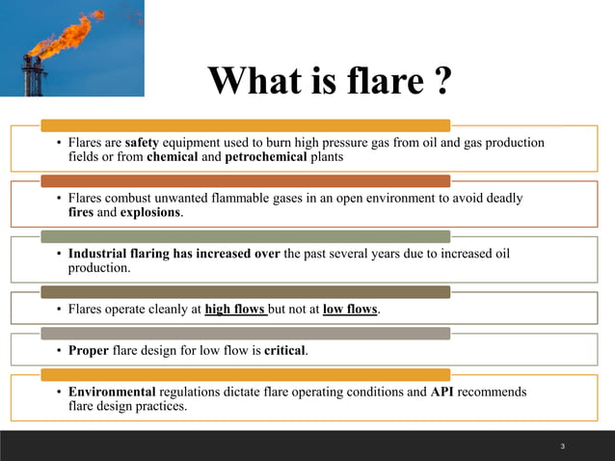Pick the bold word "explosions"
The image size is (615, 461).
coord(150,212)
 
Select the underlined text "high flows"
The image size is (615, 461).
coord(236,310)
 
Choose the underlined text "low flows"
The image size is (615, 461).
coord(350,310)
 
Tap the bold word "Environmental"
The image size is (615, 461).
coord(112,392)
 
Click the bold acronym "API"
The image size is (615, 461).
coord(442,392)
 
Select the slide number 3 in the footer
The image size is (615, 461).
coord(562,447)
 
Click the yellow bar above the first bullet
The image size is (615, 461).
coord(245,125)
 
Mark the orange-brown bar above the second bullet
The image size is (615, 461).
coord(245,180)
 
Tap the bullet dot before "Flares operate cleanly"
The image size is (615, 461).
coord(59,311)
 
